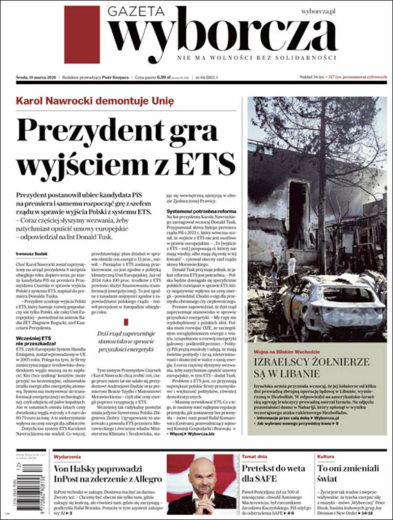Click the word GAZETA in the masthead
tap(137, 11)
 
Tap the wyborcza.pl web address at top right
tap(318, 11)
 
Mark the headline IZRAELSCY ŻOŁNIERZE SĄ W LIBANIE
tap(312, 368)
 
